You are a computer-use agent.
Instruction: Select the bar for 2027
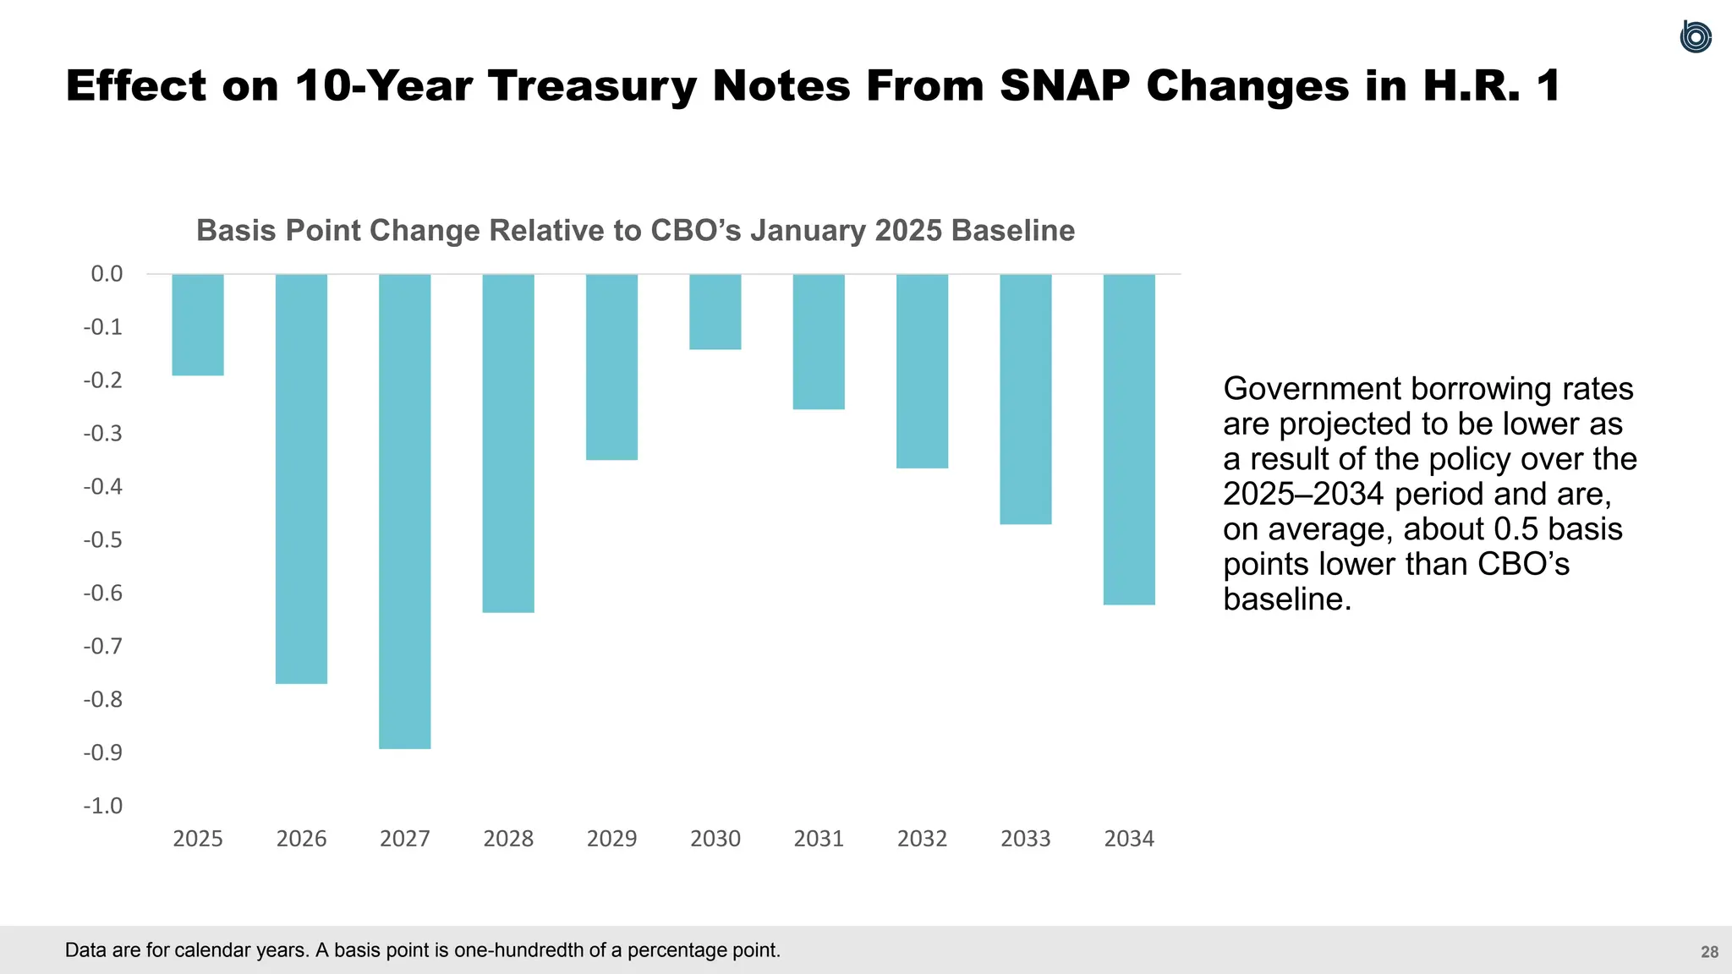click(x=404, y=511)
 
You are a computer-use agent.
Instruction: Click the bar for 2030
click(x=715, y=311)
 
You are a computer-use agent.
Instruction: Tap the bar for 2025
click(x=198, y=325)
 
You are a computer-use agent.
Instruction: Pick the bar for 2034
click(x=1129, y=439)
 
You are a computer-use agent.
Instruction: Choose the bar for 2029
click(x=611, y=367)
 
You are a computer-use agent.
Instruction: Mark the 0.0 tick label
click(x=107, y=274)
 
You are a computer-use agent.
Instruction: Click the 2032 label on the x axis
click(x=922, y=839)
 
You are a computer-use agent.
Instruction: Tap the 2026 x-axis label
click(x=301, y=839)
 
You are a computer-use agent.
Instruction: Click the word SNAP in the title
click(x=1065, y=86)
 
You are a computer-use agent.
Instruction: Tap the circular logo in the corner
click(x=1695, y=37)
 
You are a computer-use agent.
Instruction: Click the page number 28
click(x=1709, y=952)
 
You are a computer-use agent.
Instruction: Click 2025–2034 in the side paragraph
click(x=1303, y=494)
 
